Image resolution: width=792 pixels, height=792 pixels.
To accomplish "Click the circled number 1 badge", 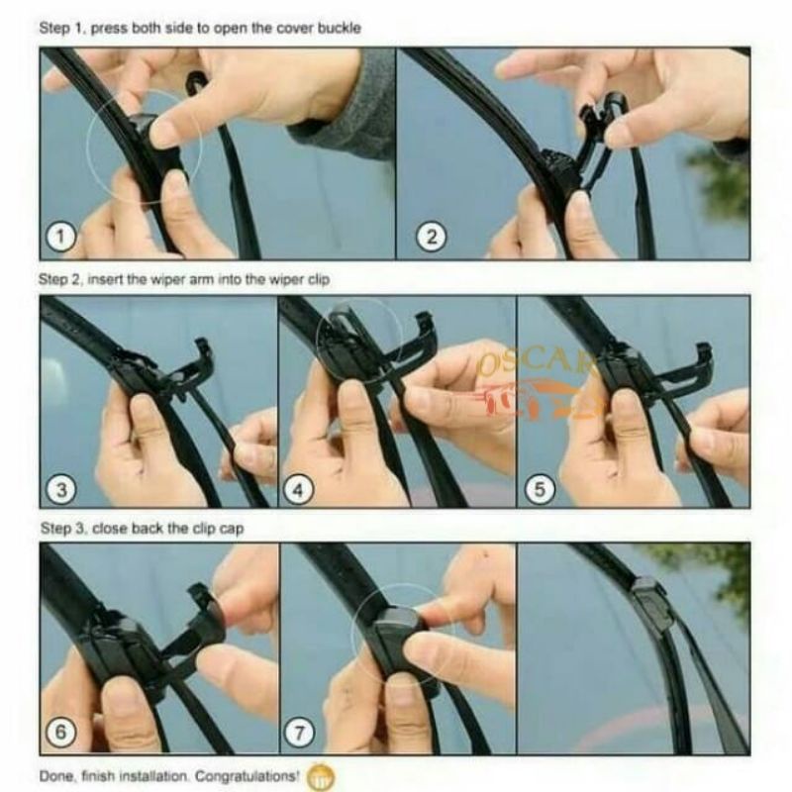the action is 61,237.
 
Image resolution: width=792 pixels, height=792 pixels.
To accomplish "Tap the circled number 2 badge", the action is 431,237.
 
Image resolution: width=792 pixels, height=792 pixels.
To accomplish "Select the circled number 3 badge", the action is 61,489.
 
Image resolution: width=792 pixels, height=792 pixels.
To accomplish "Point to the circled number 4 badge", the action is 299,489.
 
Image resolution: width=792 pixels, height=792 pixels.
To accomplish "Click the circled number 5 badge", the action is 540,489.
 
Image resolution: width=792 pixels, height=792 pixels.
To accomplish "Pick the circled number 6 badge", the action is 60,732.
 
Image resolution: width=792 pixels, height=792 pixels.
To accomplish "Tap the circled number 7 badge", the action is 300,733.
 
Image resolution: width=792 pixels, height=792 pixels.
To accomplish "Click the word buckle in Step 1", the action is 339,28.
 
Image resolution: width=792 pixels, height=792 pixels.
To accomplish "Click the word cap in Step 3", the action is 232,529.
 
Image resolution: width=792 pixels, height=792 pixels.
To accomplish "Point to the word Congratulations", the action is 247,775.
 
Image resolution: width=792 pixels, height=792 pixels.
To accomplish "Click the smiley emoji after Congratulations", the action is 321,776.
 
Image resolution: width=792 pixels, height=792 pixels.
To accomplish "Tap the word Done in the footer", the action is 56,775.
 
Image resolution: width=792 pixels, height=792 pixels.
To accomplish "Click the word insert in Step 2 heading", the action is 105,279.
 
